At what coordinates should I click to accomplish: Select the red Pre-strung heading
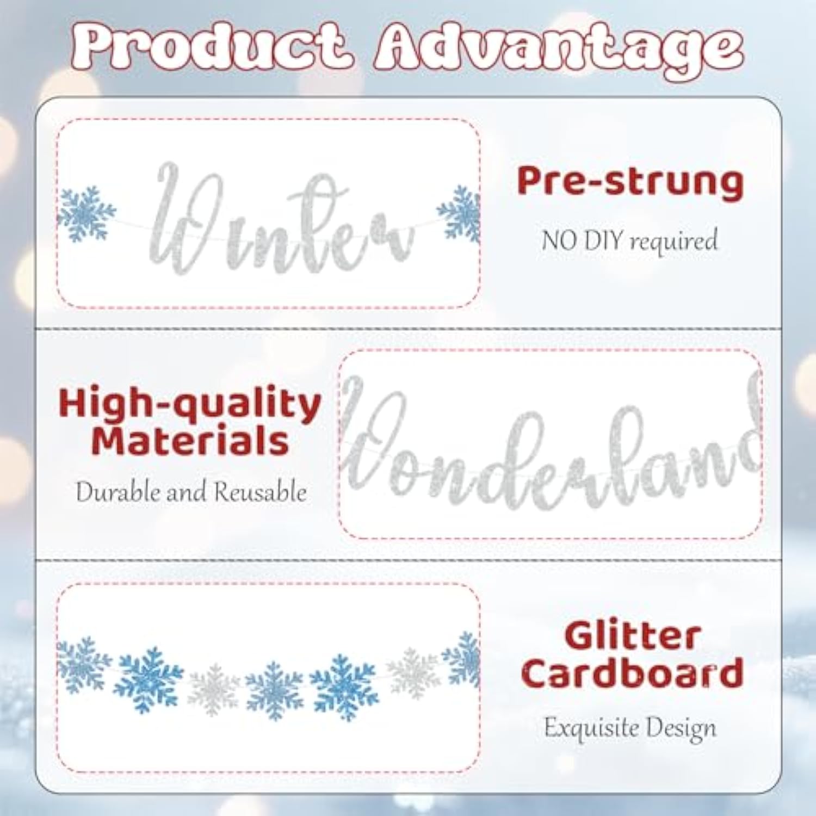(630, 182)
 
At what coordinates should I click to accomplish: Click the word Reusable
(260, 492)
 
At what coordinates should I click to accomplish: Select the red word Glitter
(632, 637)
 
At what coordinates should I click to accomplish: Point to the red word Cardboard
(632, 672)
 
